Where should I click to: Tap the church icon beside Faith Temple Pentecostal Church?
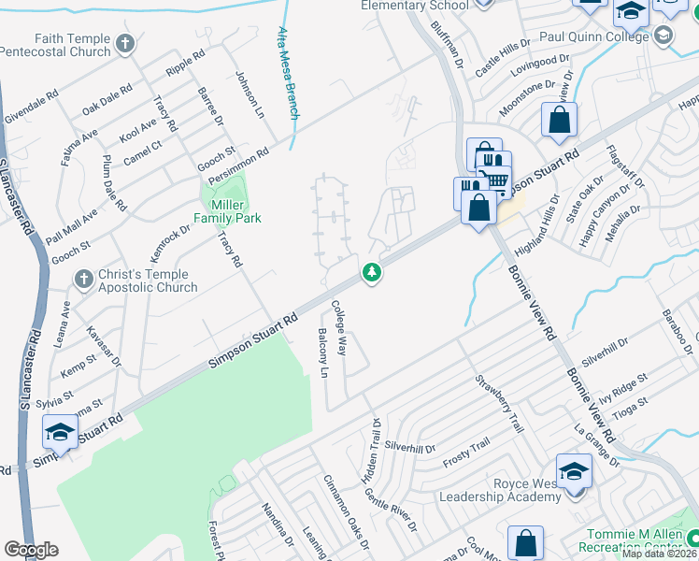tap(124, 43)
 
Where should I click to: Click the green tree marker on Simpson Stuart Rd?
tap(373, 273)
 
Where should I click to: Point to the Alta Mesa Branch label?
tap(288, 73)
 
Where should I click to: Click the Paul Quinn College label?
tap(594, 36)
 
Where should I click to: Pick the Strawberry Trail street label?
tap(498, 403)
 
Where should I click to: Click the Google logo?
tap(31, 550)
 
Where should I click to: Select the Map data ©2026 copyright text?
tap(660, 554)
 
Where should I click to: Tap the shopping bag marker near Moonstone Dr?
tap(559, 120)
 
